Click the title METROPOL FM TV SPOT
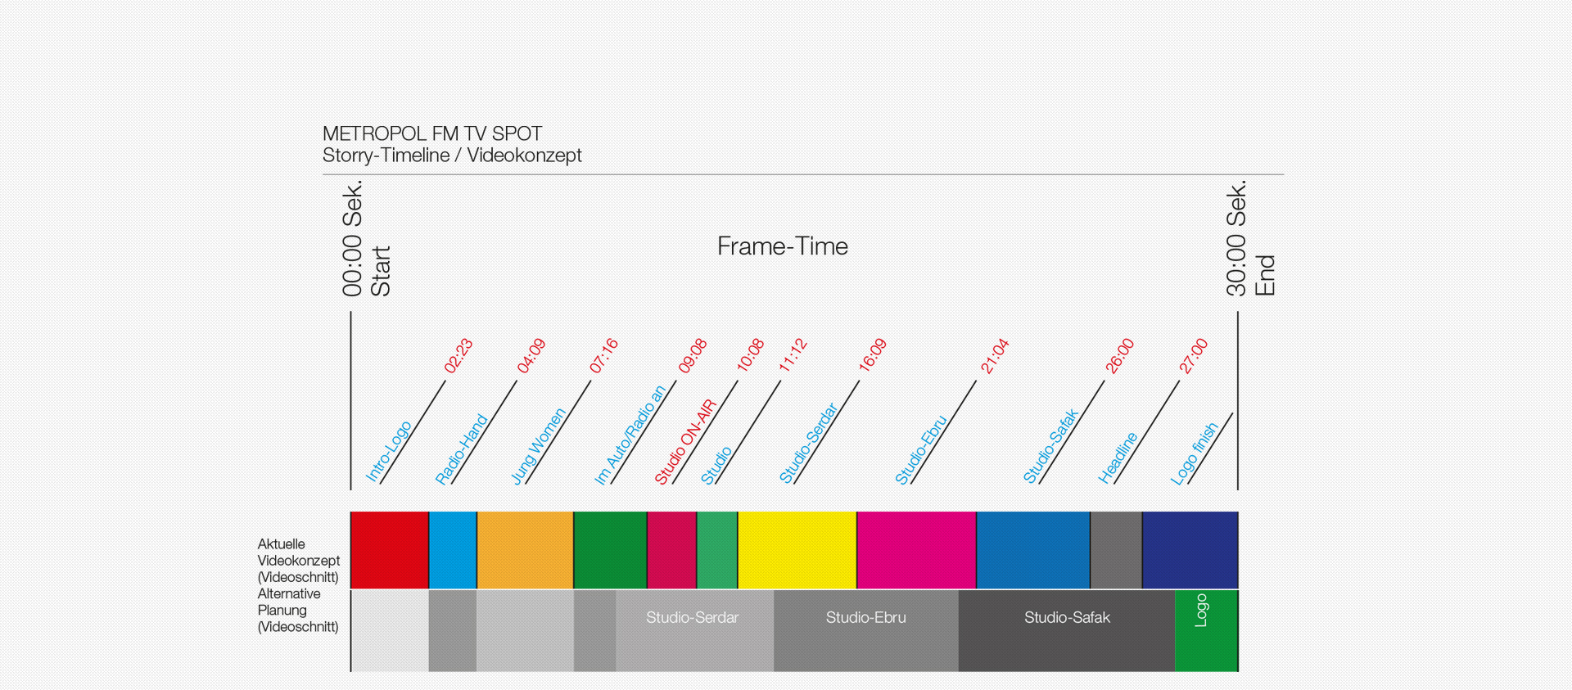pyautogui.click(x=432, y=133)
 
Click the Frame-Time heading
pyautogui.click(x=783, y=246)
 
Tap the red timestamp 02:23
pyautogui.click(x=458, y=356)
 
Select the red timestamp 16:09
pyautogui.click(x=873, y=355)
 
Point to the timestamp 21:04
pyautogui.click(x=995, y=356)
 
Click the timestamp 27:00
pyautogui.click(x=1194, y=356)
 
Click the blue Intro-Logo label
pyautogui.click(x=388, y=452)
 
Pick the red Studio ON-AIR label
pyautogui.click(x=685, y=442)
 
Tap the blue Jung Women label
pyautogui.click(x=538, y=446)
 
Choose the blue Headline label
pyautogui.click(x=1118, y=458)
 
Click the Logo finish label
pyautogui.click(x=1195, y=453)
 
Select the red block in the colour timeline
pyautogui.click(x=390, y=550)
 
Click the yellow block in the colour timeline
pyautogui.click(x=797, y=550)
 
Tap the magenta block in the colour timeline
pyautogui.click(x=916, y=550)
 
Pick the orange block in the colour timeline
pyautogui.click(x=525, y=550)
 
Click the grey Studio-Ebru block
pyautogui.click(x=866, y=631)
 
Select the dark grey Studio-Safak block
pyautogui.click(x=1067, y=631)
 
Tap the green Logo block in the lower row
pyautogui.click(x=1206, y=631)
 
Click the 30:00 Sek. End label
pyautogui.click(x=1250, y=238)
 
